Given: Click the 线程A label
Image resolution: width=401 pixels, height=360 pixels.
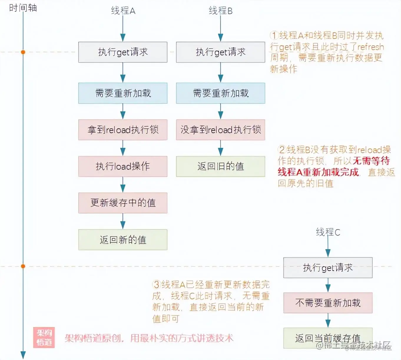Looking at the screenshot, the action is tap(123, 11).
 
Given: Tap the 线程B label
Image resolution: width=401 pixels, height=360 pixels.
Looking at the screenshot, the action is tap(221, 11).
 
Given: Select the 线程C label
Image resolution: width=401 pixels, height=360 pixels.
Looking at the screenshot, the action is tap(328, 232).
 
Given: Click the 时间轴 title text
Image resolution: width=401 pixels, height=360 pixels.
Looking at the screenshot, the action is tap(23, 8).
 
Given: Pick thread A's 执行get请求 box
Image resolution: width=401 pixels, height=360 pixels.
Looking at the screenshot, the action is tap(123, 52).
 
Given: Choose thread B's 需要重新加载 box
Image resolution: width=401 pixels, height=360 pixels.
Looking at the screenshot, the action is tap(221, 93).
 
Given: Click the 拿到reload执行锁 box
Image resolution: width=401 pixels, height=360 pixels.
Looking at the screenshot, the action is tap(123, 130).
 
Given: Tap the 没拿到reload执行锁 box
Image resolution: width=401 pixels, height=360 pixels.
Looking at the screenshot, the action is tap(221, 130).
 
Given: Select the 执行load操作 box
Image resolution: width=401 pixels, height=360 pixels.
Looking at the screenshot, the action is tap(123, 166).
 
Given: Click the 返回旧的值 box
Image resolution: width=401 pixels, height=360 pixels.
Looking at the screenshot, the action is tap(221, 166).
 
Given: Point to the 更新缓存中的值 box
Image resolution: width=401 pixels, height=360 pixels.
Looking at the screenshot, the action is tap(123, 203).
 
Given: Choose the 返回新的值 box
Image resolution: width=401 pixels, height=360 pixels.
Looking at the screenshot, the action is tap(123, 240).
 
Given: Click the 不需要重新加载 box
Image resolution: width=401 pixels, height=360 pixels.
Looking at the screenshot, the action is tap(328, 303).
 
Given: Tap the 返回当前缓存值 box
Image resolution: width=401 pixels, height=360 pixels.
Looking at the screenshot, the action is tap(328, 338).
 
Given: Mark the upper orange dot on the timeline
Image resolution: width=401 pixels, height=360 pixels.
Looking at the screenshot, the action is tap(23, 52).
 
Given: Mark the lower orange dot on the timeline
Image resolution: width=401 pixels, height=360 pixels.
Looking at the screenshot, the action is tap(23, 266).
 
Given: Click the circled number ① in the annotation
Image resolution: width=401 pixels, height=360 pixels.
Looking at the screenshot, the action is tap(274, 36).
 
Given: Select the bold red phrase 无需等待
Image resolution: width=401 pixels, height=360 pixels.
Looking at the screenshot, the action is tap(371, 161).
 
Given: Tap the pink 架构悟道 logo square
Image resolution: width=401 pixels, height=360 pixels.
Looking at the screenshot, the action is tap(44, 338).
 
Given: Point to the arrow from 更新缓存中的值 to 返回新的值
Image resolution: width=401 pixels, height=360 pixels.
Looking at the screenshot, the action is tap(123, 221).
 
